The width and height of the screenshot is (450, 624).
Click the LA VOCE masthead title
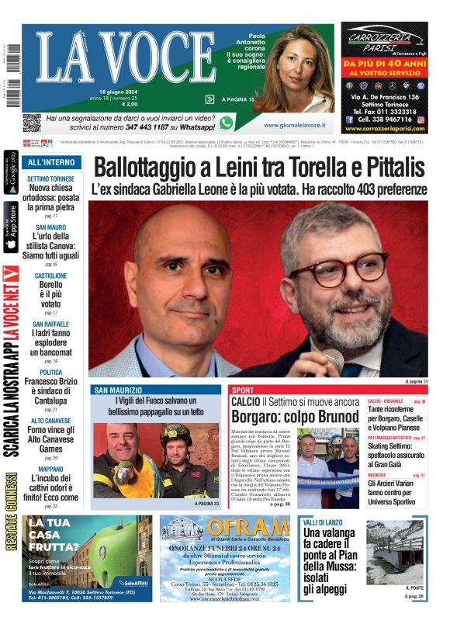112,59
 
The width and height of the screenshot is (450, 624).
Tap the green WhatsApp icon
227,122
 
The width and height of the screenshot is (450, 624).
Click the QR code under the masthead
31,123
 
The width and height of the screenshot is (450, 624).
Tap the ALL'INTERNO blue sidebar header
51,163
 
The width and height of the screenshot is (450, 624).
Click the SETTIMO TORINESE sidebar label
51,179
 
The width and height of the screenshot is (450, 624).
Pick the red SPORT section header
243,390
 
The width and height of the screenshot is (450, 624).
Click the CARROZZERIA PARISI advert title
384,38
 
